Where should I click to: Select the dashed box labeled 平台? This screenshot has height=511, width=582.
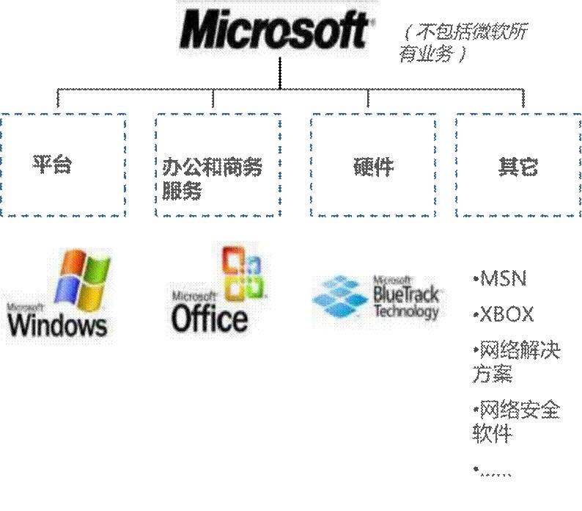point(63,165)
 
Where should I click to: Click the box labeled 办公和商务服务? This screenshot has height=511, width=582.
point(218,165)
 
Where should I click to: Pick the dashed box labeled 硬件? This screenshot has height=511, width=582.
point(373,165)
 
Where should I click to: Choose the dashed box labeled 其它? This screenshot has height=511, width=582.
point(518,165)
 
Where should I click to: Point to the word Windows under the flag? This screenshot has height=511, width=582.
point(58,323)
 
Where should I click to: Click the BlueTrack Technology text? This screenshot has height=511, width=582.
point(406,299)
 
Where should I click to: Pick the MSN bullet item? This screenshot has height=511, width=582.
point(501,279)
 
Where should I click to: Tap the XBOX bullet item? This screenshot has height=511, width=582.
point(504,315)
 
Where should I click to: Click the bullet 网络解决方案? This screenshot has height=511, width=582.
point(515,362)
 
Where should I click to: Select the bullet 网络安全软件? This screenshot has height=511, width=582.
point(515,421)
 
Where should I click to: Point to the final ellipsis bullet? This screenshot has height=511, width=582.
point(493,471)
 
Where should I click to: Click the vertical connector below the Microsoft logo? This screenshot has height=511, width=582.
point(280,73)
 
